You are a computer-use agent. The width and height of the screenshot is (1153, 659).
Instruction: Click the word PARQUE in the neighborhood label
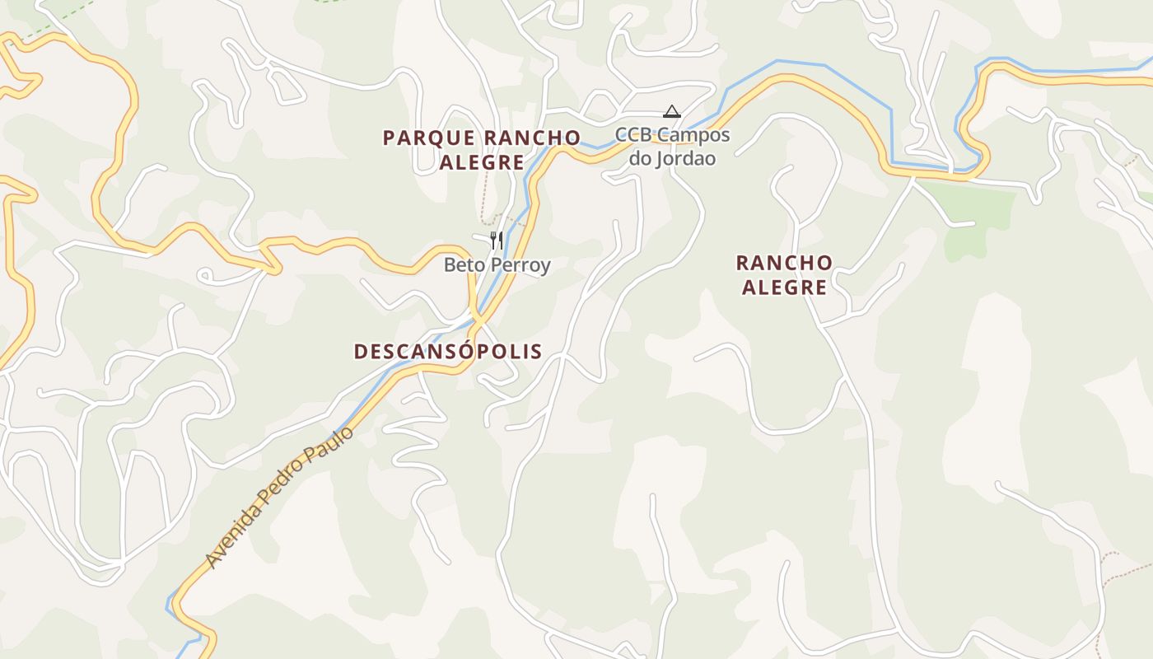point(427,138)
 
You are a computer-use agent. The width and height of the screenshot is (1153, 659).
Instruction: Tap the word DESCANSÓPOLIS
point(448,352)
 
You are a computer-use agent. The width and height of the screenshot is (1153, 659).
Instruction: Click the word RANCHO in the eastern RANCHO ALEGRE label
point(784,263)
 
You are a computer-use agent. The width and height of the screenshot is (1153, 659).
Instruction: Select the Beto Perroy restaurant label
point(497,265)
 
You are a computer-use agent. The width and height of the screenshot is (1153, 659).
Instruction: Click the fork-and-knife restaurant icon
point(496,240)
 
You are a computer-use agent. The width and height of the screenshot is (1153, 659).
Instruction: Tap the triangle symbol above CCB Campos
point(672,111)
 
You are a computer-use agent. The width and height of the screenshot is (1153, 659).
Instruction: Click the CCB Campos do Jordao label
point(673,147)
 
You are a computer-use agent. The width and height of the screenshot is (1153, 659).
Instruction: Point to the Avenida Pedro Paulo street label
point(279,497)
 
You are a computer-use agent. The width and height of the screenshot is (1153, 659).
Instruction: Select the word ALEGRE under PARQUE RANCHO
point(482,162)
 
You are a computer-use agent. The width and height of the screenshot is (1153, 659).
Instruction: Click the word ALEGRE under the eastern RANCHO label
point(784,287)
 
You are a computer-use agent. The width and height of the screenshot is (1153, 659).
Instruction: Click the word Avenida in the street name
point(232,538)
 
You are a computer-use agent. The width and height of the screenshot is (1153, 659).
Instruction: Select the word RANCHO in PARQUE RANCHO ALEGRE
point(532,138)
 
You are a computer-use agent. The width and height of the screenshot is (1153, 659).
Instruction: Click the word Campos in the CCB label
point(696,135)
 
